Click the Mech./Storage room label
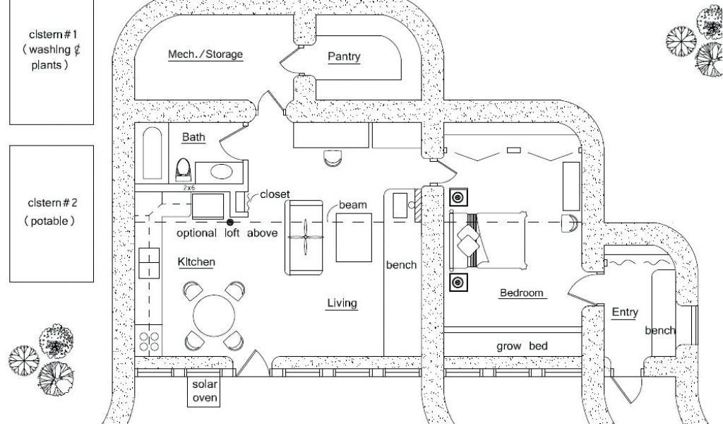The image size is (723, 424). (x=205, y=54)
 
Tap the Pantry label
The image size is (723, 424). (x=344, y=57)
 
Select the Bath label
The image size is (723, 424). (x=193, y=137)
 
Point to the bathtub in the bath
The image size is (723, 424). (x=152, y=154)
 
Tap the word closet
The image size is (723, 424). (x=275, y=194)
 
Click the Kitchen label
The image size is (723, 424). (x=196, y=262)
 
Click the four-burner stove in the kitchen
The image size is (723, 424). (x=150, y=341)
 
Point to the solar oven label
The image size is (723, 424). (x=205, y=391)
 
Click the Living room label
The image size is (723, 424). (x=342, y=304)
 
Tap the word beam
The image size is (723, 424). (x=353, y=205)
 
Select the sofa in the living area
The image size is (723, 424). (x=304, y=237)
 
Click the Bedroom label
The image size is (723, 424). (x=522, y=293)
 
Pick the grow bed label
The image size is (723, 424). (x=521, y=346)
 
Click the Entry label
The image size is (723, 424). (x=625, y=312)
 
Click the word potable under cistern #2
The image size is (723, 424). (x=49, y=220)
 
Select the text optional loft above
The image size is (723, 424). (x=227, y=233)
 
